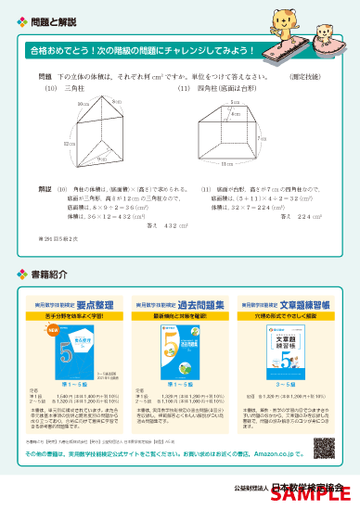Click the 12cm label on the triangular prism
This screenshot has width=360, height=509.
pos(69,145)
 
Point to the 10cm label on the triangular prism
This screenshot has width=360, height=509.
pos(83,105)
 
